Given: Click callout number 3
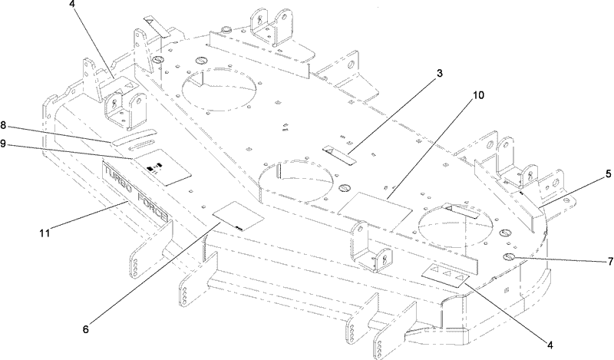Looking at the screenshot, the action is point(439,73).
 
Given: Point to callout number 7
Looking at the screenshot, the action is point(610,262).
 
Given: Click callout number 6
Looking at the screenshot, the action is point(86,329).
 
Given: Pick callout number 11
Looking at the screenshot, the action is point(45,233).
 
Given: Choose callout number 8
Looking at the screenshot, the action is point(3,125).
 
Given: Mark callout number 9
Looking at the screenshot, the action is point(3,144).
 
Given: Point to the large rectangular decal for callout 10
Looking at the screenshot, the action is point(375,210).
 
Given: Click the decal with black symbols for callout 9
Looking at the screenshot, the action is point(163,167).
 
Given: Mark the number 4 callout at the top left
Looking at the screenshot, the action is point(71,5).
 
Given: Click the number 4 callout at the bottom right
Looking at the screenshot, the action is point(550,345).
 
